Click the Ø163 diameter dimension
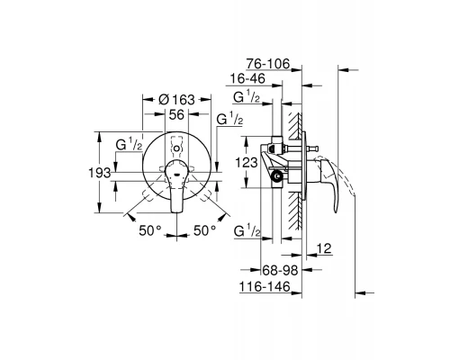coord(176,99)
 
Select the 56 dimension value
coord(176,114)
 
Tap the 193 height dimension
coord(100,173)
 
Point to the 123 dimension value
coord(247,163)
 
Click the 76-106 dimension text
coord(268,64)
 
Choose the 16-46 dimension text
coord(247,79)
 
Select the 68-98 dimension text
coord(280,271)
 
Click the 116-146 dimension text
coord(265,287)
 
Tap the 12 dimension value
coord(324,248)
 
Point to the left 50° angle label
coord(150,230)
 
